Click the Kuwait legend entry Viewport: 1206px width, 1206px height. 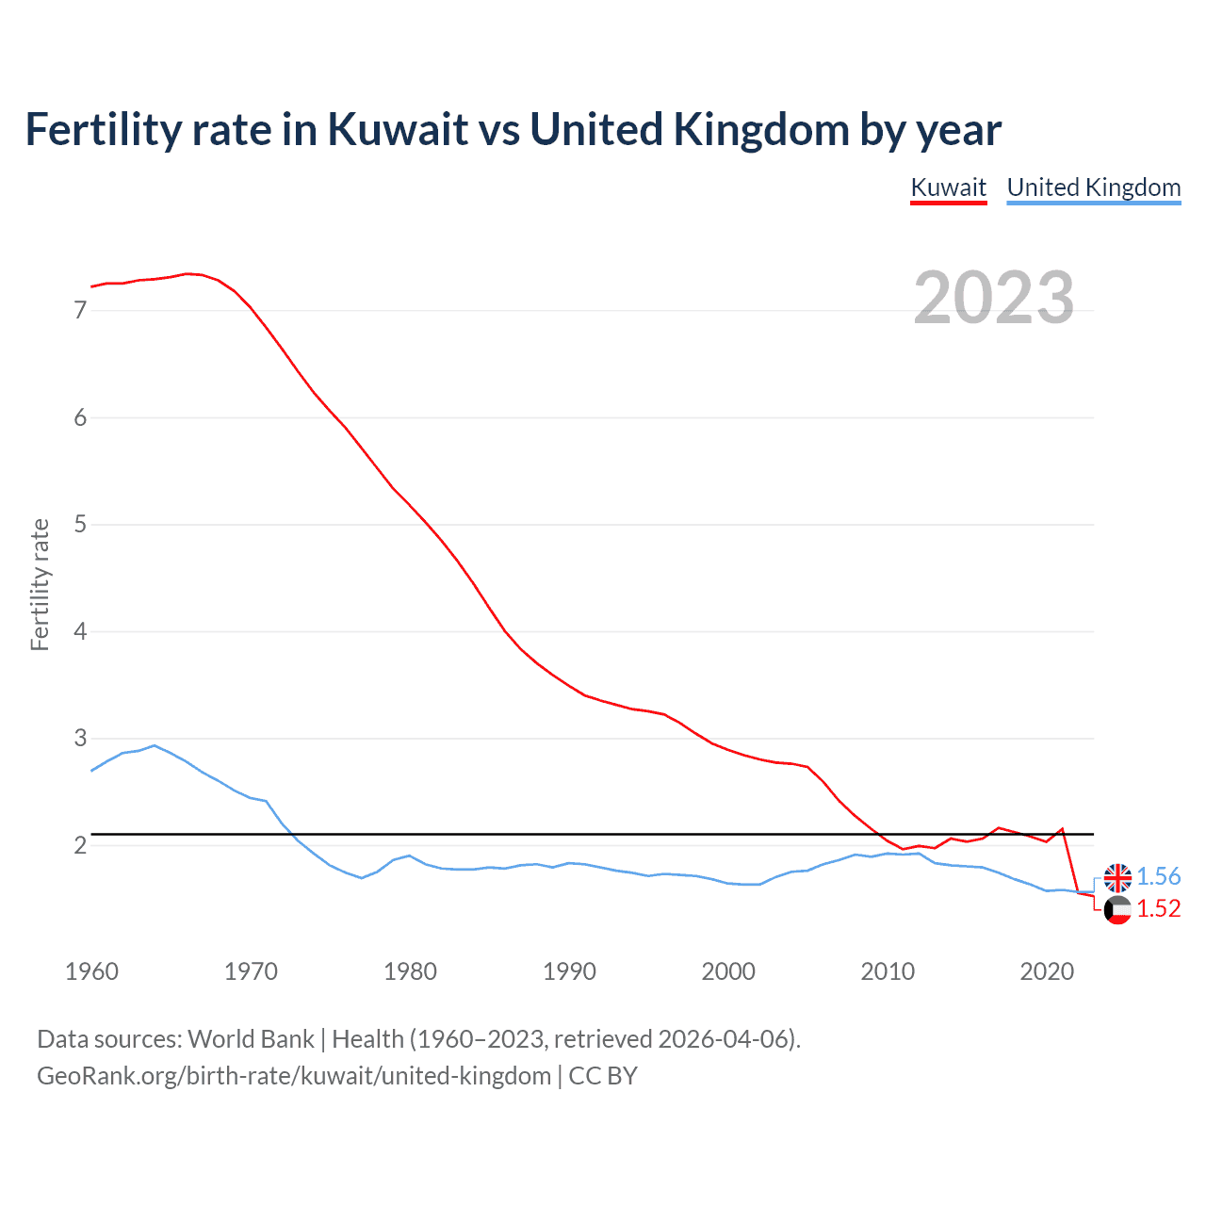948,187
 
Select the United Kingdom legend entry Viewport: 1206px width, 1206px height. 1093,187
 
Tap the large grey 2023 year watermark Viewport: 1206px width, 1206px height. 993,298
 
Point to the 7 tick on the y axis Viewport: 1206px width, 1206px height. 80,310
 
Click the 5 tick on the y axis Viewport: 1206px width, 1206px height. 80,524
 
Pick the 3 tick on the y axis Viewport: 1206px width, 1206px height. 80,738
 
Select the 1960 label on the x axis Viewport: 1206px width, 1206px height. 91,971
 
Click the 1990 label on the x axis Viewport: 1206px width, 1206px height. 569,971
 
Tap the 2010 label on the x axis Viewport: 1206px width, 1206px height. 888,971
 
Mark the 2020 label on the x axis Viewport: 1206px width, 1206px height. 1047,971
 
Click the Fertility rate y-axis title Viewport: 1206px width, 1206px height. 40,584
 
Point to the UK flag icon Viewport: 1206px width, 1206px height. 1117,877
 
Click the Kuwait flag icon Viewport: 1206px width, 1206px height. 1117,910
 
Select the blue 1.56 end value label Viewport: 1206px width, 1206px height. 1158,876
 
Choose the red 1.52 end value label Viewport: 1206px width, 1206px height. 1158,908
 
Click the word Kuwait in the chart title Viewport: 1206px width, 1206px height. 397,129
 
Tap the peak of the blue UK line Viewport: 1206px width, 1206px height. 155,745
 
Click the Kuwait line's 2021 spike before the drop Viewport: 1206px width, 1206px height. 1062,829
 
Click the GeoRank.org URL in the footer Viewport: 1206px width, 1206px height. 294,1076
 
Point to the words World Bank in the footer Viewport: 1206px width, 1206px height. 251,1039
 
